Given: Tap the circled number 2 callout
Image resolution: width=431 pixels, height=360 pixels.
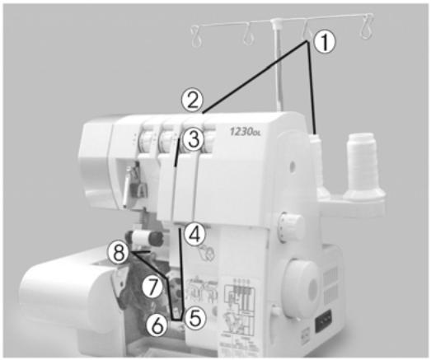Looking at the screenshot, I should pyautogui.click(x=192, y=101).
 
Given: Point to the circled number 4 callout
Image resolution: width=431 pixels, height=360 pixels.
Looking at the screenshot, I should pyautogui.click(x=194, y=234).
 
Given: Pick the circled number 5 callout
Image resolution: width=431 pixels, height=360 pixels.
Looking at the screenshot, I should pyautogui.click(x=194, y=316).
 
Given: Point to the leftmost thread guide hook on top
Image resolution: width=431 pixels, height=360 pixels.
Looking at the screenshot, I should pyautogui.click(x=197, y=35).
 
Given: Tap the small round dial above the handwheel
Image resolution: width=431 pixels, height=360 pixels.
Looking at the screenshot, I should pyautogui.click(x=288, y=224).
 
